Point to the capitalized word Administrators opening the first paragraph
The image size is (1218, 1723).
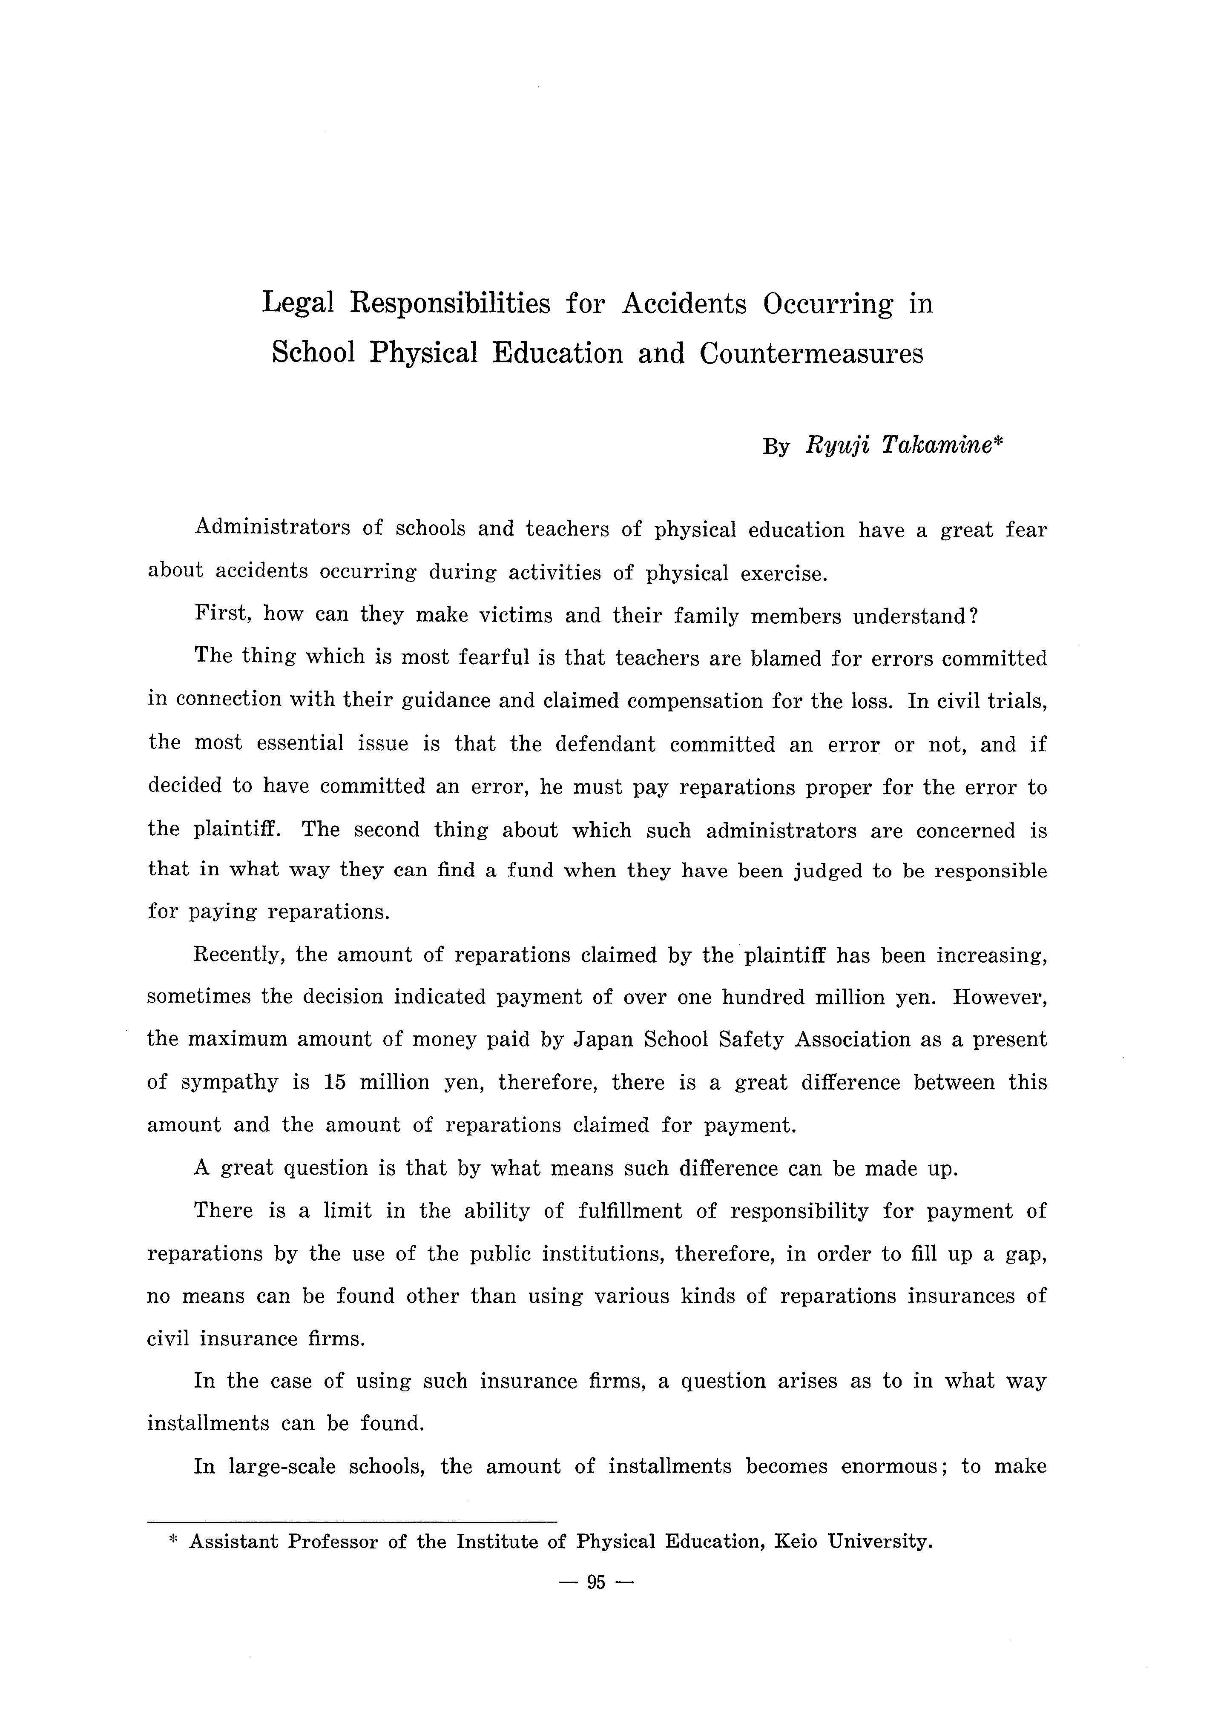[x=272, y=528]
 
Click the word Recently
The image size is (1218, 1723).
[x=238, y=955]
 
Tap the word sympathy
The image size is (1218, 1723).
[x=229, y=1083]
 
